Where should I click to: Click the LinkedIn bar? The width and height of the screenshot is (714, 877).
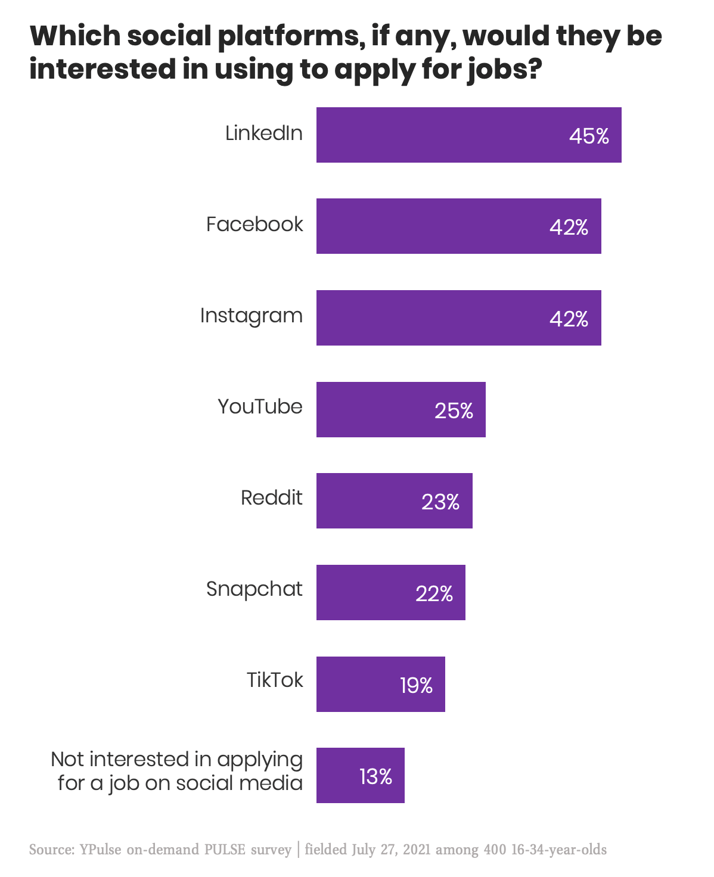pos(468,135)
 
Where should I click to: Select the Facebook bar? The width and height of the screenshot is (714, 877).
pos(458,226)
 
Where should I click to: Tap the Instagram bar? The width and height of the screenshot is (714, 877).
pos(458,318)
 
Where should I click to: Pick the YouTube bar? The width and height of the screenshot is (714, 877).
pos(401,409)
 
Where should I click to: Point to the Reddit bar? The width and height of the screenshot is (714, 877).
pos(394,500)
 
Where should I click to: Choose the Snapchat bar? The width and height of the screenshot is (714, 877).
pos(390,592)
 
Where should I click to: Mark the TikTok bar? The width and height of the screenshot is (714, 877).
pos(380,684)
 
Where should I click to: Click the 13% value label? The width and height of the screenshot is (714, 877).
pos(375,777)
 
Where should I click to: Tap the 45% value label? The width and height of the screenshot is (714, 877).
pos(589,136)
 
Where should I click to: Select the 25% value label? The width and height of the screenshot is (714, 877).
pos(454,410)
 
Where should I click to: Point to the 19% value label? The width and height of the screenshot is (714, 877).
pos(416,686)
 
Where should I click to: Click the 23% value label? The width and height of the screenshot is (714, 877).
pos(440,502)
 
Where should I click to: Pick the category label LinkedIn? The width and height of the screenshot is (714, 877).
pos(264,133)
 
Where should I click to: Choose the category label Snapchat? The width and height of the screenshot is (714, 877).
pos(254,589)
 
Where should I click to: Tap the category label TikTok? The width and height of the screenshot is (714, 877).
pos(275,680)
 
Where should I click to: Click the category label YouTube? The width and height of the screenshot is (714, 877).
pos(260,406)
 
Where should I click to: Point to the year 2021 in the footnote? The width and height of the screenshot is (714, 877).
pos(417,849)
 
